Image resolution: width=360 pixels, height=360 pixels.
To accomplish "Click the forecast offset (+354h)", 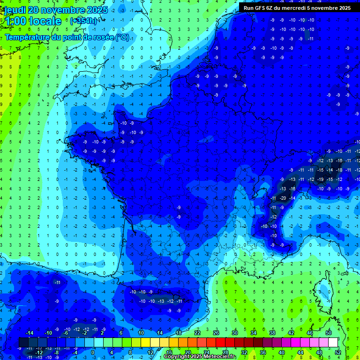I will click(83, 21).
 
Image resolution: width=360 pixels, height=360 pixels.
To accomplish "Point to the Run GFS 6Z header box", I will click(297, 7).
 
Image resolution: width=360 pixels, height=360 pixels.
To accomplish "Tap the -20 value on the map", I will click(283, 198).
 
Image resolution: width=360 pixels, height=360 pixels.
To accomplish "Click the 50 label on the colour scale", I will click(329, 333).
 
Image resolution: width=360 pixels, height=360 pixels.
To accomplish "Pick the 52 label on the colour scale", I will click(338, 352).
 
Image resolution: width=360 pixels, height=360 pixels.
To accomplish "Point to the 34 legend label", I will click(254, 333).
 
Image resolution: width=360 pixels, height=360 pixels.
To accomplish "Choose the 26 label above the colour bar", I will click(216, 333).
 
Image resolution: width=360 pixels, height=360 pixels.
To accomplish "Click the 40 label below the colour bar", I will click(282, 352).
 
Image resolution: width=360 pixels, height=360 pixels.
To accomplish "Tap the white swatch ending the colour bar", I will click(333, 342).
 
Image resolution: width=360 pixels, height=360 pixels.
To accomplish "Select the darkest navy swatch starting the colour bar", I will click(23, 342).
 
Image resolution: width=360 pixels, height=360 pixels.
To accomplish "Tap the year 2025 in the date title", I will click(96, 10).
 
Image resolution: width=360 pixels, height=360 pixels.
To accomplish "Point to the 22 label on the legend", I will click(197, 333).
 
